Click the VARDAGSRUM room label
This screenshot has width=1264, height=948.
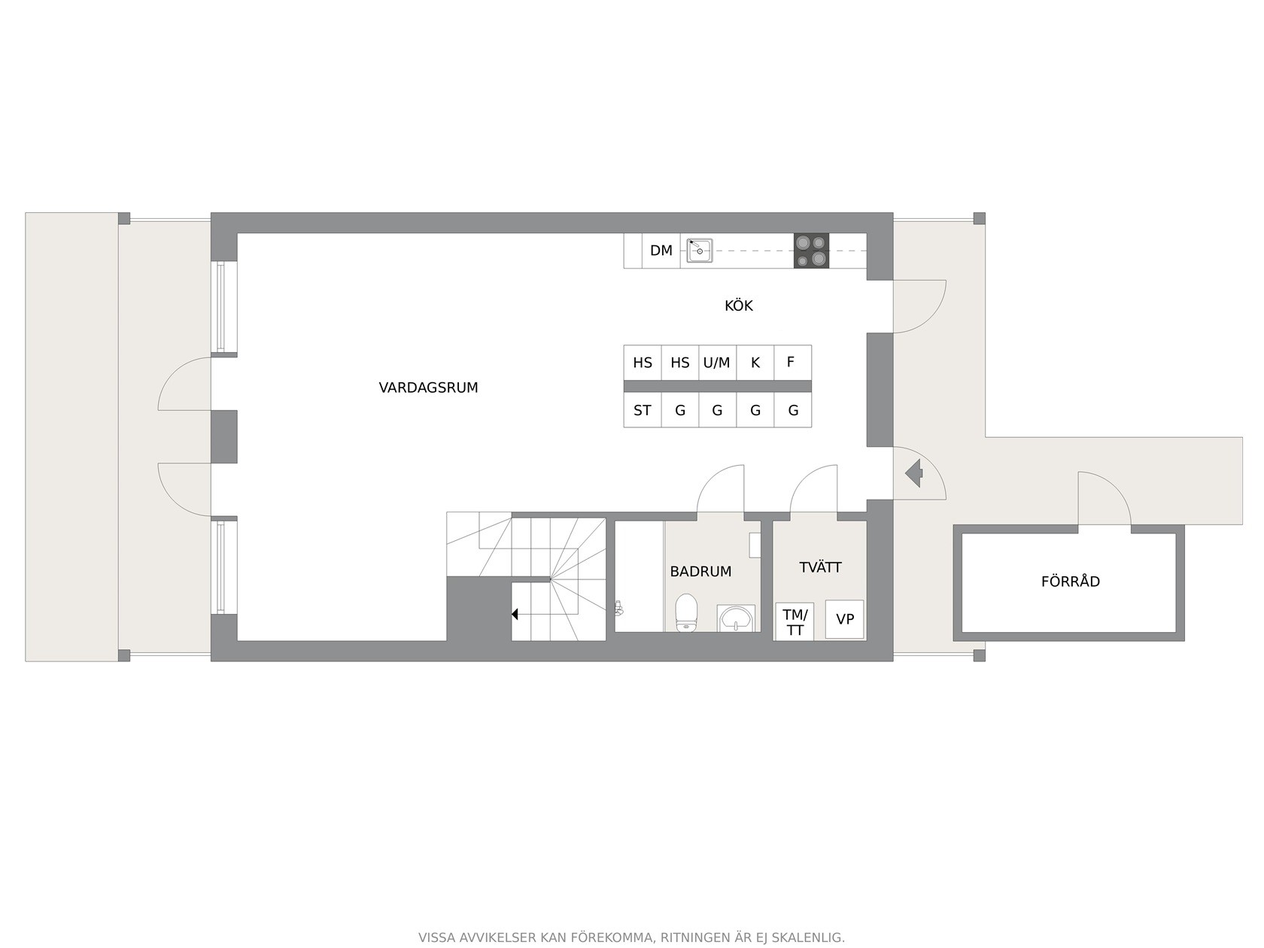428,387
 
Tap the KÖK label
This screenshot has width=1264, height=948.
738,305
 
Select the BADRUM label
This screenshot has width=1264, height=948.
700,571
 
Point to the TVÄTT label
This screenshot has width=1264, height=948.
820,567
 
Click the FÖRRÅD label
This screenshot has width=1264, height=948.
1071,581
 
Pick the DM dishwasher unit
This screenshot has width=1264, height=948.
661,251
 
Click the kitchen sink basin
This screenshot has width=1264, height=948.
700,251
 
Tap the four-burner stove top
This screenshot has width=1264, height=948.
811,251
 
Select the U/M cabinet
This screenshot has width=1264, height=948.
717,363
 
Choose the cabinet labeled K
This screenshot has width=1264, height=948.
755,363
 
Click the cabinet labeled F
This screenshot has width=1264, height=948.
792,363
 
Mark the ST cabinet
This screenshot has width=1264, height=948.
642,410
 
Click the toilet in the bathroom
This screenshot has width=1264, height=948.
686,612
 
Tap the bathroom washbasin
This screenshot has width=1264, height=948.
736,618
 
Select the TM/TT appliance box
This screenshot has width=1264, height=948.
795,621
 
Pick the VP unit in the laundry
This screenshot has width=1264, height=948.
844,618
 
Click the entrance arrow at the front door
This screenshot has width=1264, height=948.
914,474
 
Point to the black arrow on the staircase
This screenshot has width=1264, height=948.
515,615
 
